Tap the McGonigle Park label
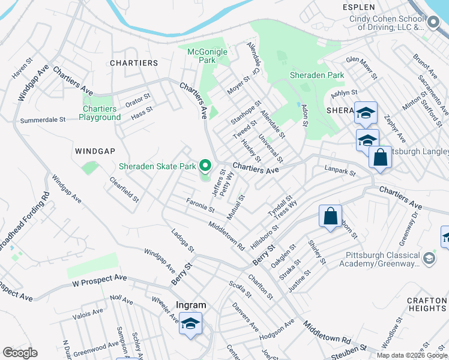pyautogui.click(x=208, y=56)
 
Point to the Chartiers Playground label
pyautogui.click(x=100, y=113)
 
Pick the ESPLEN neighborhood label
pyautogui.click(x=358, y=7)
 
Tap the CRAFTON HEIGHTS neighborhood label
pyautogui.click(x=426, y=304)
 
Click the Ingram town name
pyautogui.click(x=190, y=305)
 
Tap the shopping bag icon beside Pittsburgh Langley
pyautogui.click(x=380, y=158)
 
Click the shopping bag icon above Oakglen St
pyautogui.click(x=330, y=217)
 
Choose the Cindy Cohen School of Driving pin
pyautogui.click(x=434, y=22)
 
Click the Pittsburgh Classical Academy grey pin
pyautogui.click(x=429, y=258)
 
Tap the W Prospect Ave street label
pyautogui.click(x=100, y=278)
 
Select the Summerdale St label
pyautogui.click(x=43, y=120)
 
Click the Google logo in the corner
pyautogui.click(x=20, y=353)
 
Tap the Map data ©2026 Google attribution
pyautogui.click(x=411, y=355)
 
